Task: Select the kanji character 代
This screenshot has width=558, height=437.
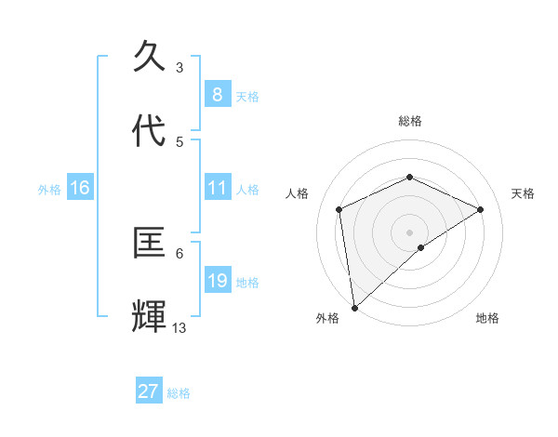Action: click(150, 131)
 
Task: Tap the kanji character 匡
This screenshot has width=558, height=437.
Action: click(150, 244)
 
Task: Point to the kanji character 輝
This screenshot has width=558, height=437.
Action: click(150, 317)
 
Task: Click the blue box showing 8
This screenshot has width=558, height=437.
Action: click(217, 95)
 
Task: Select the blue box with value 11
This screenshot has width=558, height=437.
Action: click(217, 188)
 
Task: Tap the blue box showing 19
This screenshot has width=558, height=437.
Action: click(217, 281)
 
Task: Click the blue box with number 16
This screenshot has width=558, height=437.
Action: click(79, 188)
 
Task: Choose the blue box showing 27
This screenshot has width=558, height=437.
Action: click(148, 391)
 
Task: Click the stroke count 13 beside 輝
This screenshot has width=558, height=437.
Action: click(179, 327)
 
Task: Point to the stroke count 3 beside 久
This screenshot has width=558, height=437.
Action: click(179, 67)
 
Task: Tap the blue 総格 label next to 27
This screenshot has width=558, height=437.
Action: click(179, 393)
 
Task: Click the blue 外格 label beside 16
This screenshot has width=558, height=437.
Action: click(49, 190)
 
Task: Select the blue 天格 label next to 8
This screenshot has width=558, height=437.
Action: click(247, 97)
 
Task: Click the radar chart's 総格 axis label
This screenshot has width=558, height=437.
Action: click(409, 121)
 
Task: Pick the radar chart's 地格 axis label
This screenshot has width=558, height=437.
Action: click(487, 318)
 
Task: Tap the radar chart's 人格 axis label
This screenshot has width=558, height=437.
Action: click(298, 193)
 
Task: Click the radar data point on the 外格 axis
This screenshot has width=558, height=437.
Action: click(353, 308)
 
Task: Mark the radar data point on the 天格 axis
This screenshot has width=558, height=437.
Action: click(481, 209)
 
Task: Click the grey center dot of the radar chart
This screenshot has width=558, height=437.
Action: click(409, 232)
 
